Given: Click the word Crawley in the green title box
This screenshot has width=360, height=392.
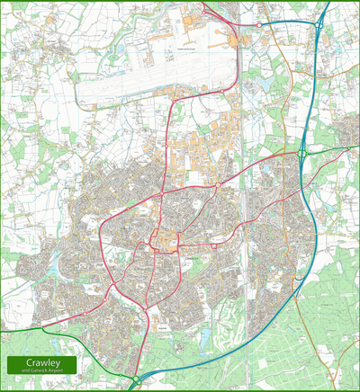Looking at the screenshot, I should [x=37, y=362].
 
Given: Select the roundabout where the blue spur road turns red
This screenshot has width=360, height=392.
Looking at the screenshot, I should [x=260, y=25].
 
